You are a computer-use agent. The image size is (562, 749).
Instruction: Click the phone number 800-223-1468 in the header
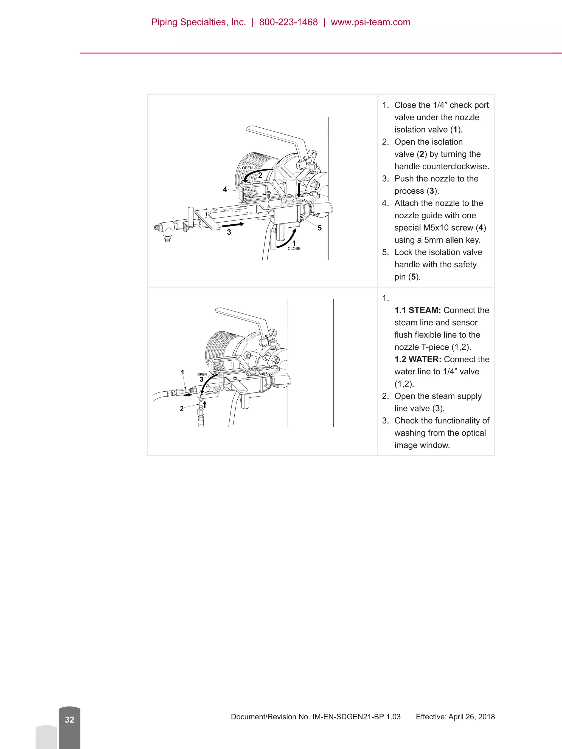(x=288, y=22)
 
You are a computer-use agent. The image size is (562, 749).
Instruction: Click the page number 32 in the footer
(x=69, y=720)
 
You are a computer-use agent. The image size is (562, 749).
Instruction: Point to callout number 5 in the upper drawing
(x=319, y=228)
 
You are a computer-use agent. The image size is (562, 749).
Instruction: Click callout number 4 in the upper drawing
(x=225, y=190)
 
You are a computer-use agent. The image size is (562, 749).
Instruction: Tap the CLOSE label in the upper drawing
(x=294, y=248)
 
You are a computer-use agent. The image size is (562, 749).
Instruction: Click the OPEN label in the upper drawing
(x=247, y=168)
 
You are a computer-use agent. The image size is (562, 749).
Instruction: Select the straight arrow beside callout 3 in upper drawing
(x=233, y=225)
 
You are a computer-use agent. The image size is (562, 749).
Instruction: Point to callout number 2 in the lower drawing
(x=182, y=408)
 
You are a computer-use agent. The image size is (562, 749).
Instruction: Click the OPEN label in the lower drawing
(x=202, y=375)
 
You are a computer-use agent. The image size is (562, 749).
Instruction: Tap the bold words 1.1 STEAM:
(x=417, y=310)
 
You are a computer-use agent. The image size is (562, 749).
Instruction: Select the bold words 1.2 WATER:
(x=418, y=359)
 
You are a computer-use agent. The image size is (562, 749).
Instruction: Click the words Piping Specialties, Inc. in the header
(x=198, y=22)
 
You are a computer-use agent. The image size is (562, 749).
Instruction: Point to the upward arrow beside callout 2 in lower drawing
(x=205, y=404)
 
